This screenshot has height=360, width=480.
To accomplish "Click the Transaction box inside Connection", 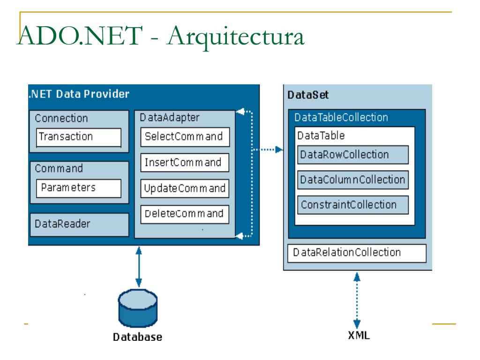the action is (x=79, y=137).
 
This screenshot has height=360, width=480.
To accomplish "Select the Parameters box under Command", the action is (x=79, y=188).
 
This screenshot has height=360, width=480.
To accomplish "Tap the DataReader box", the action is (x=79, y=225).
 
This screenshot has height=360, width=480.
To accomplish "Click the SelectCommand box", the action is (x=185, y=137).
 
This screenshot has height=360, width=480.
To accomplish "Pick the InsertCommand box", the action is (x=185, y=163).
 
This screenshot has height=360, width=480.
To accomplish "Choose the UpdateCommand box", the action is (x=185, y=188).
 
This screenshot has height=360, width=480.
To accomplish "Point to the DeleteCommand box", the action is (x=185, y=214).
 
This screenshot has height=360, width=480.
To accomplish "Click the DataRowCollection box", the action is (x=353, y=155).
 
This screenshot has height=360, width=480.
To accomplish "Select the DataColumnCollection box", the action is (x=353, y=180).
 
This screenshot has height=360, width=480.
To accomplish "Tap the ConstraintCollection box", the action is (x=353, y=205).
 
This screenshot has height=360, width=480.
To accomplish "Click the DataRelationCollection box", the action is (x=357, y=253).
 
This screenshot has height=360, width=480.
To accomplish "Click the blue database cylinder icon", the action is (x=138, y=308).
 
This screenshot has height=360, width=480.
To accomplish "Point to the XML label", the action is (x=359, y=336).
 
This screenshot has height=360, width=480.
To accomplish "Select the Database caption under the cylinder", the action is (x=137, y=337).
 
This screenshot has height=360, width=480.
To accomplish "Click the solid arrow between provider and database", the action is (x=139, y=267).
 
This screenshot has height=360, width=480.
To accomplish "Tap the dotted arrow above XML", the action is (x=357, y=300).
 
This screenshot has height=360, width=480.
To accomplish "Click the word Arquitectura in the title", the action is (x=236, y=37).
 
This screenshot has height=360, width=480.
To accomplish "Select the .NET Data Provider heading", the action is (x=79, y=94).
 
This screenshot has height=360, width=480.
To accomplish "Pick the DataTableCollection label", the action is (x=341, y=118).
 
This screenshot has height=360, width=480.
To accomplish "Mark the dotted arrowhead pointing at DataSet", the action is (x=279, y=150).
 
